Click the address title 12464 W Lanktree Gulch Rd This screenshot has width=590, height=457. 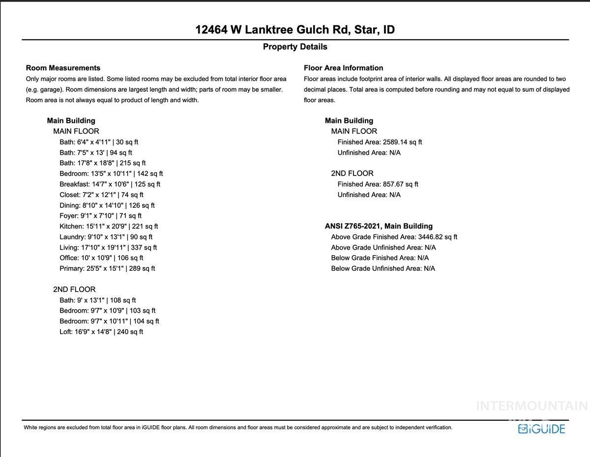295,29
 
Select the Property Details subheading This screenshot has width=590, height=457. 295,47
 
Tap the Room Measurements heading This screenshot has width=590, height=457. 63,68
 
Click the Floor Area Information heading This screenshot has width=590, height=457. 343,68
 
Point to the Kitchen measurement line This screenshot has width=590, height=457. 109,227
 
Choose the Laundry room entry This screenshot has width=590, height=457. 106,237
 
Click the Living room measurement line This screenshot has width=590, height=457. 108,248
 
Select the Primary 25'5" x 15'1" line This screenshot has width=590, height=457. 107,268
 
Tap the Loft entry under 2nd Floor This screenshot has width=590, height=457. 101,332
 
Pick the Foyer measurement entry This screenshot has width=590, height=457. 100,216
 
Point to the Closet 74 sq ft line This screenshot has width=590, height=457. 101,195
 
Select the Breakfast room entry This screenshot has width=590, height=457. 110,184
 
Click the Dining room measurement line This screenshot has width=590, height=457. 107,205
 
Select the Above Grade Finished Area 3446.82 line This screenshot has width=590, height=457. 394,237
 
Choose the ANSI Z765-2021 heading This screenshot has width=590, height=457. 379,226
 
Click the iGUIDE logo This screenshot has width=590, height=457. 541,428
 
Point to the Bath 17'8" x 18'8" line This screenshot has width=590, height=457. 102,163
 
